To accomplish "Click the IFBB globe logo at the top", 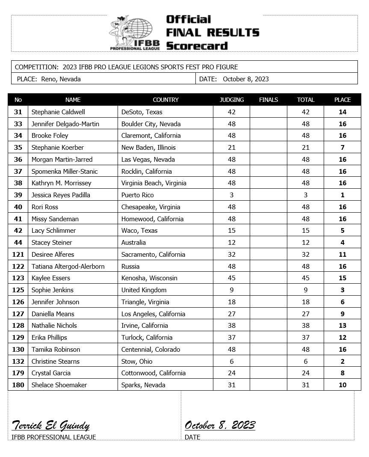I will (x=135, y=32).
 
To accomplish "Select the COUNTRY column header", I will (x=165, y=100).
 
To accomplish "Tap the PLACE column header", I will (x=342, y=100).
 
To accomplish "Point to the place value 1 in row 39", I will (x=342, y=195).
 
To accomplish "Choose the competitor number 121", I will (x=18, y=254).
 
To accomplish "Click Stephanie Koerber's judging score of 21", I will (x=231, y=147).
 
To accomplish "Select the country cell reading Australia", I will (x=133, y=242).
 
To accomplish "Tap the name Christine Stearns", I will (x=56, y=361).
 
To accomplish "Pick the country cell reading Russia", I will (x=130, y=266).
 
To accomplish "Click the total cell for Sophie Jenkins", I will (x=305, y=290).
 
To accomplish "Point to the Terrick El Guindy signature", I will (x=50, y=425).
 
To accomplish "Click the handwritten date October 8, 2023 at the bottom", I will (x=220, y=425).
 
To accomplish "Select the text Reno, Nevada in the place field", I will (x=61, y=79).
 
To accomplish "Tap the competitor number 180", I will (x=18, y=385).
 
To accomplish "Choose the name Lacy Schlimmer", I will (x=53, y=230).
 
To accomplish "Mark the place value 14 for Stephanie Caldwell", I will (x=342, y=112).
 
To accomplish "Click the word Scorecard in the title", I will (x=197, y=46).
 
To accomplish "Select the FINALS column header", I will (x=268, y=100).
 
